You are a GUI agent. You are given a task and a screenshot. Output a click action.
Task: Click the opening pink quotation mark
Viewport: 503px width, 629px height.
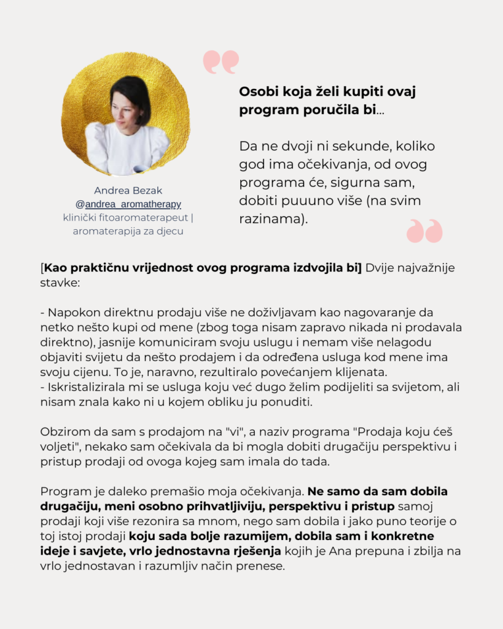tap(220, 62)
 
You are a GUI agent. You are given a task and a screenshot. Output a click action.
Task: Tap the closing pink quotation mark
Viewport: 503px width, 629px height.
tap(424, 230)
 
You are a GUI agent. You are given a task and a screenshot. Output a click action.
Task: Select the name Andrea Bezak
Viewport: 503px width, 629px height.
tap(128, 190)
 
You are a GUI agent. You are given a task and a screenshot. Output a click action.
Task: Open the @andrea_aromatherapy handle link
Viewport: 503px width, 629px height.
tap(128, 204)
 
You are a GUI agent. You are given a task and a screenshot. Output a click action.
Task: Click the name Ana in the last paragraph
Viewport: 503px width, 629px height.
tap(340, 550)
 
